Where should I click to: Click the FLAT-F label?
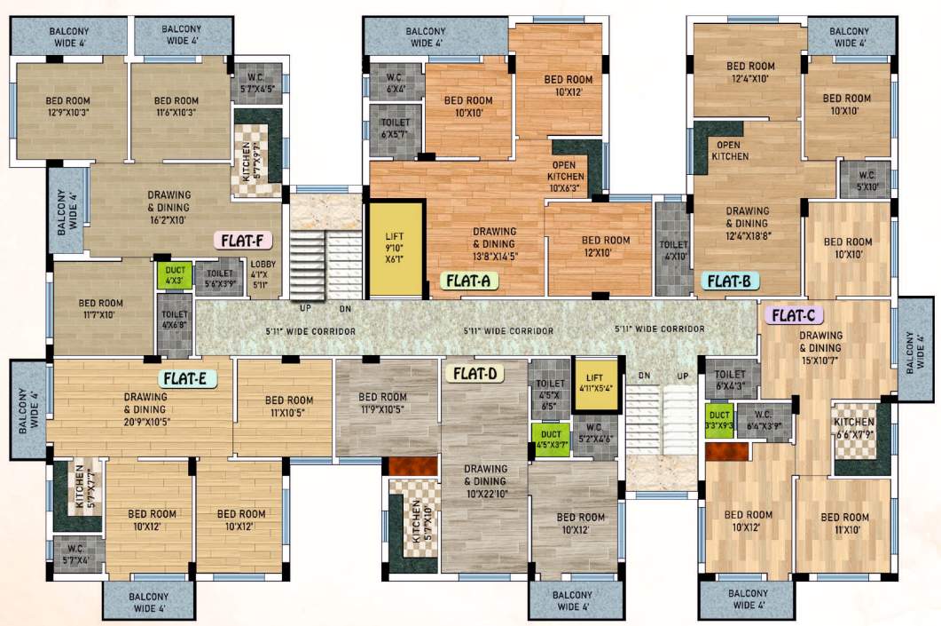pyautogui.click(x=242, y=240)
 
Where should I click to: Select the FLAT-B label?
pyautogui.click(x=730, y=281)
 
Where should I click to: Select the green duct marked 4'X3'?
pyautogui.click(x=174, y=275)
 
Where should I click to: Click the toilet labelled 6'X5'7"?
pyautogui.click(x=396, y=129)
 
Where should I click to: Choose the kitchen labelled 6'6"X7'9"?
pyautogui.click(x=854, y=428)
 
